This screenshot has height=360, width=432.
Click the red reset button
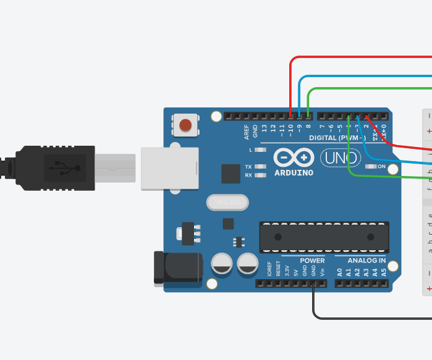pyautogui.click(x=185, y=125)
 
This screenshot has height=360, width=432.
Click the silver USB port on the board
pyautogui.click(x=169, y=168)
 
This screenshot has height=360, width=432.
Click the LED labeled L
pyautogui.click(x=260, y=150)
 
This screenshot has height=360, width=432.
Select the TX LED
pyautogui.click(x=260, y=167)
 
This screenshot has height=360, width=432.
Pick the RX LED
pyautogui.click(x=260, y=175)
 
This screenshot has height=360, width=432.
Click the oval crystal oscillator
pyautogui.click(x=227, y=202)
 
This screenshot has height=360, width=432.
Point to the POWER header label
pyautogui.click(x=312, y=261)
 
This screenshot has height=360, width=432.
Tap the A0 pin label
pyautogui.click(x=339, y=272)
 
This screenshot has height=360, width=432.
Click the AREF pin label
pyautogui.click(x=247, y=131)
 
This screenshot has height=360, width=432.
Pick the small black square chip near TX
pyautogui.click(x=231, y=174)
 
